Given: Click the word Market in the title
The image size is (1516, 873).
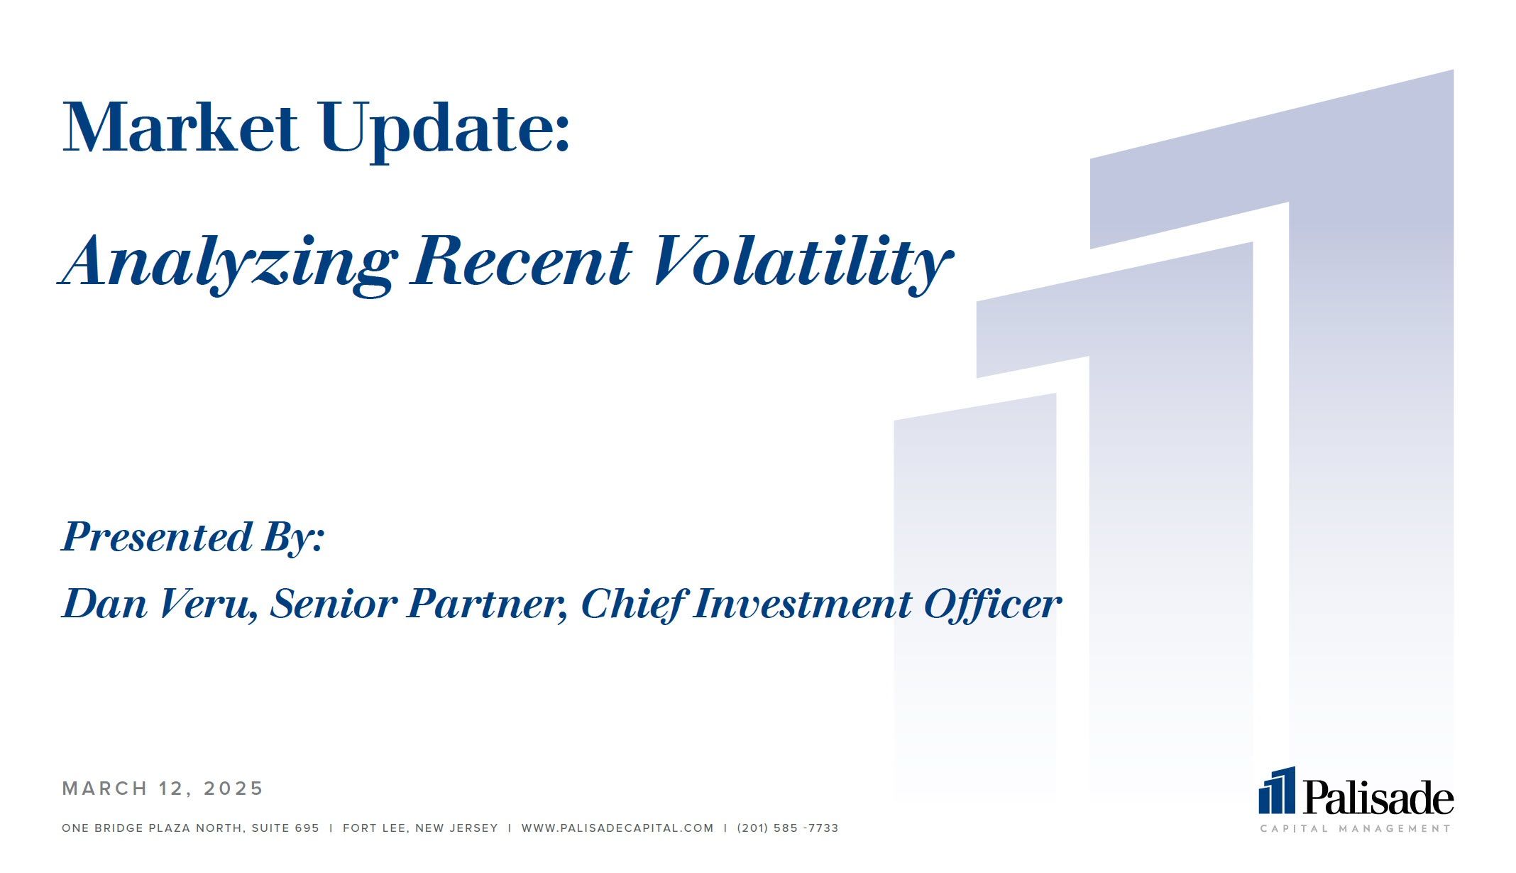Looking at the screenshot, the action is pos(180,128).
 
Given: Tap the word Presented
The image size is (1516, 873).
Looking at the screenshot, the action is pos(157,536).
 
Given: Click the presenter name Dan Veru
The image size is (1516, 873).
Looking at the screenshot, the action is pos(160,604).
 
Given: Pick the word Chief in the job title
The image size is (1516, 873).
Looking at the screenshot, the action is pos(633,604).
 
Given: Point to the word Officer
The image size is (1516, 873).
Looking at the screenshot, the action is pos(992,604).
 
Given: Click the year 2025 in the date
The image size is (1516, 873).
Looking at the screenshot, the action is pos(234,788).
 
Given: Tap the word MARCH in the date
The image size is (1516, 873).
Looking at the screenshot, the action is pos(105,788).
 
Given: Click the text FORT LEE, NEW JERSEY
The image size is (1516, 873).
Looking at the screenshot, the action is pos(420,828).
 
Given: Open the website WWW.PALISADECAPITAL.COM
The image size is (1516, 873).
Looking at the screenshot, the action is pos(617,828).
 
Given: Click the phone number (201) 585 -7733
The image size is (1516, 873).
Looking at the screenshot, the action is pos(788,828).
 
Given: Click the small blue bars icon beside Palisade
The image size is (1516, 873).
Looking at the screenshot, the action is pos(1277,790).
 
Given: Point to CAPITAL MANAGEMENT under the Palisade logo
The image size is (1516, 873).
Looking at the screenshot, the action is pos(1356,828).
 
